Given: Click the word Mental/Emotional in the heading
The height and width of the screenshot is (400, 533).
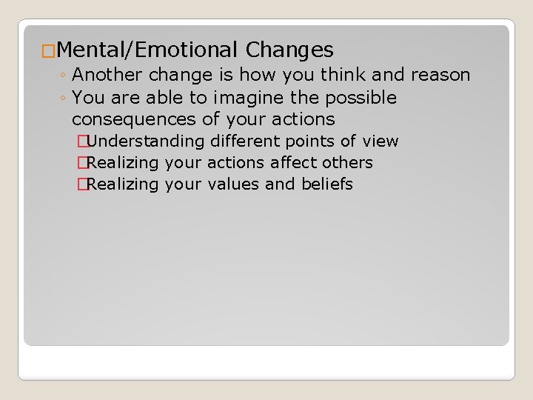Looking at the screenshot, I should point(146,50).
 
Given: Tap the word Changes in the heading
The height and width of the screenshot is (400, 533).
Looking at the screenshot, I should point(289,50).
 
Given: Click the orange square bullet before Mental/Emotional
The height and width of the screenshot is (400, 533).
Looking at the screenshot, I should point(48,51).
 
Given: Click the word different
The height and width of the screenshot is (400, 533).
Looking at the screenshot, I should point(251,141).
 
